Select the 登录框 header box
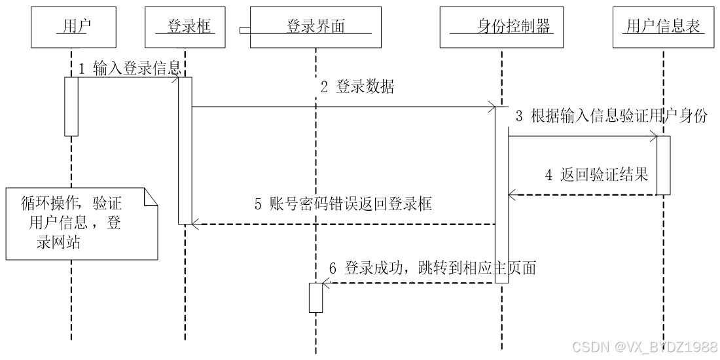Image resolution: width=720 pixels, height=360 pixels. pyautogui.click(x=184, y=27)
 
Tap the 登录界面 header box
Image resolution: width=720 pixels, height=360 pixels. pyautogui.click(x=316, y=27)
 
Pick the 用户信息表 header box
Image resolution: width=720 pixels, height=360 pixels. pyautogui.click(x=664, y=27)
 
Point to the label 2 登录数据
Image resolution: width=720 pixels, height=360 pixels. pyautogui.click(x=357, y=87)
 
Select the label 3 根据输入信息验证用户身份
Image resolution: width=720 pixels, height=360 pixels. pyautogui.click(x=611, y=117)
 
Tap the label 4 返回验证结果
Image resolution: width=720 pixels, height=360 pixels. pyautogui.click(x=596, y=175)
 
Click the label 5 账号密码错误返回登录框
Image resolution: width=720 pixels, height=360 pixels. pyautogui.click(x=344, y=204)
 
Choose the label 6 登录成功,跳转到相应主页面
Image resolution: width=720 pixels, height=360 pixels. pyautogui.click(x=432, y=268)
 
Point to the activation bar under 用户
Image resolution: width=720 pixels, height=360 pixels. pyautogui.click(x=71, y=106)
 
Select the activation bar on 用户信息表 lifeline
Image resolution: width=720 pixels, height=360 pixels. pyautogui.click(x=663, y=165)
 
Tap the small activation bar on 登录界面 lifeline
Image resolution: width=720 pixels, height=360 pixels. pyautogui.click(x=316, y=297)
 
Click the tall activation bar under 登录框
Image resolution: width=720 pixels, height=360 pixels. pyautogui.click(x=185, y=151)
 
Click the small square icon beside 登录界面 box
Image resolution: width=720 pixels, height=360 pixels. pyautogui.click(x=243, y=30)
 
